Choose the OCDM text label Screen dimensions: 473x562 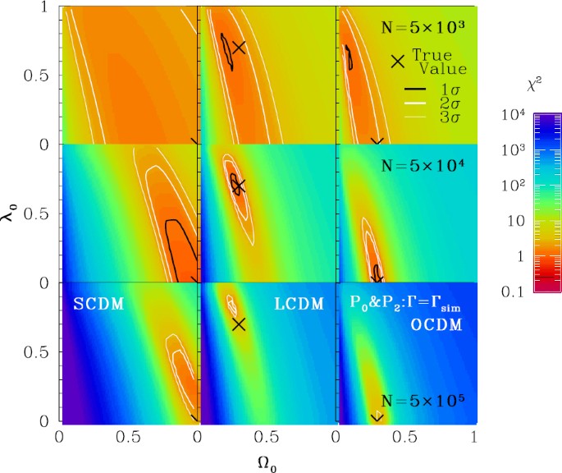[x=436, y=324]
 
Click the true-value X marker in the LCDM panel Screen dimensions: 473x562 [x=239, y=324]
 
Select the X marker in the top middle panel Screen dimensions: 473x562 [x=239, y=47]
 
